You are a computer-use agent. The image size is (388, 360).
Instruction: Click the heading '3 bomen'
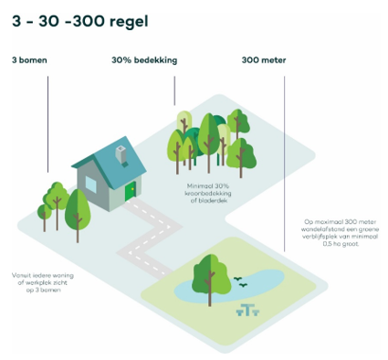pos(29,60)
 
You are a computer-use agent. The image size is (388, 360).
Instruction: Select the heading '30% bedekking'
pos(143,60)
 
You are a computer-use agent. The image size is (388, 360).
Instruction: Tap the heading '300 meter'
pos(264,60)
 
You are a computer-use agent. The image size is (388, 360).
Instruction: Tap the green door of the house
pos(131,191)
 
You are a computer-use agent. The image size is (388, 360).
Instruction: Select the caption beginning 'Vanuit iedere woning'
pos(36,281)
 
